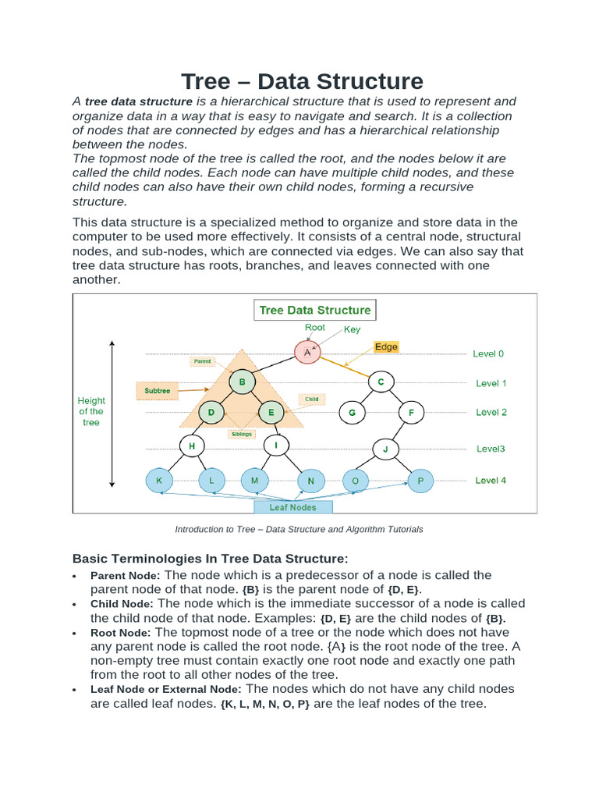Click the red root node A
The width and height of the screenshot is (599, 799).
307,353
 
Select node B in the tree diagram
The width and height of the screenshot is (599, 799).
243,382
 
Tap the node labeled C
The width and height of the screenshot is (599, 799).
381,382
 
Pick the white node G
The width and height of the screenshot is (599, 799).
352,412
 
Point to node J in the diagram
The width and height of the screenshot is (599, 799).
385,449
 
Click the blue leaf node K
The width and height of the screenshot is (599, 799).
159,481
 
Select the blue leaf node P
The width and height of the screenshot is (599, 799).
420,481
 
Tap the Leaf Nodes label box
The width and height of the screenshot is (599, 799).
293,507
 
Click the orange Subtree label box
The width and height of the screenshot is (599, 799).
158,390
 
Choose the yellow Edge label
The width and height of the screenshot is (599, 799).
386,346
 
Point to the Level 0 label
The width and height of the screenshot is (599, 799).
488,353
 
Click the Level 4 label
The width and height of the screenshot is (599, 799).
491,481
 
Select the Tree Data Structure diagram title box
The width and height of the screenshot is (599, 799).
315,310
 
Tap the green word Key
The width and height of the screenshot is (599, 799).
353,330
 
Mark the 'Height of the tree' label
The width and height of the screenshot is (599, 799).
91,411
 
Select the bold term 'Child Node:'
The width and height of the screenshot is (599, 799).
122,604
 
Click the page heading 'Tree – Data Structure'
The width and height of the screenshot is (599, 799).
303,81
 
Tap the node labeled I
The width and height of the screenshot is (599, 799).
276,446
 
